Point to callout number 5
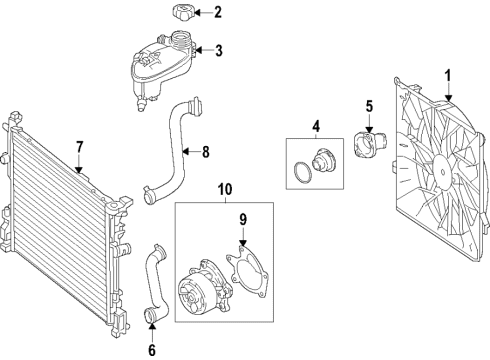point(368,107)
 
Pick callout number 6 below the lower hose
point(152,351)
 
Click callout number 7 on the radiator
point(78,147)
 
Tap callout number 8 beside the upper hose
point(206,153)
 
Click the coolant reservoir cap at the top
point(184,14)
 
